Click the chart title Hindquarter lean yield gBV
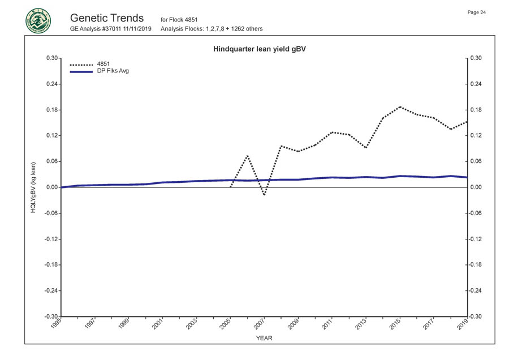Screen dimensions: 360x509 coord(260,49)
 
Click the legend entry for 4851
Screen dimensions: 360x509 coord(103,65)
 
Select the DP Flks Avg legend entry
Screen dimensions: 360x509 coord(113,71)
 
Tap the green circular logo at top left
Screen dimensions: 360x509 coord(38,22)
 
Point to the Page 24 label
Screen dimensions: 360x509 coord(476,12)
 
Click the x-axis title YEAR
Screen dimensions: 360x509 coord(264,338)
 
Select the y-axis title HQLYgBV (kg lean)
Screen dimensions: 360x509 coord(34,187)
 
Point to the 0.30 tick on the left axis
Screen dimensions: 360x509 coord(52,58)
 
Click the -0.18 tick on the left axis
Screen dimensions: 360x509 coord(51,265)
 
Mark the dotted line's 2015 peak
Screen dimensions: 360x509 coord(400,106)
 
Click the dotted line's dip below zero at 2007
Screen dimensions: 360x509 coord(264,195)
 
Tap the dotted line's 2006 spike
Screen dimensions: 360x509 coord(247,155)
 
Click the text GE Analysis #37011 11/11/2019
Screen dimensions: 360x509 coord(111,29)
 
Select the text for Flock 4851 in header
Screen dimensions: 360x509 coord(179,20)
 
